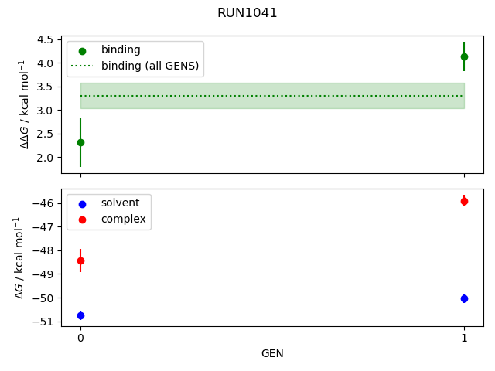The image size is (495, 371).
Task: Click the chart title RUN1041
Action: (x=247, y=13)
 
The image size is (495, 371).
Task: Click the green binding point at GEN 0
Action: (x=80, y=142)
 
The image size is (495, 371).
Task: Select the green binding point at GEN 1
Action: (x=464, y=56)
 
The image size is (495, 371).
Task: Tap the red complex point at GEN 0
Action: (x=80, y=260)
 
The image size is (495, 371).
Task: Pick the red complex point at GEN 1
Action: (x=464, y=201)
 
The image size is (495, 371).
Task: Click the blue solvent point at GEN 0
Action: (x=80, y=315)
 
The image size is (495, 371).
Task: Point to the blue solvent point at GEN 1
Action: (x=464, y=298)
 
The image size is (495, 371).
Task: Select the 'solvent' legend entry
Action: (x=120, y=203)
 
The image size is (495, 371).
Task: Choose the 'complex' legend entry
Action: (x=123, y=219)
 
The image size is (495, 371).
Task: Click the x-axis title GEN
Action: (x=272, y=354)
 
